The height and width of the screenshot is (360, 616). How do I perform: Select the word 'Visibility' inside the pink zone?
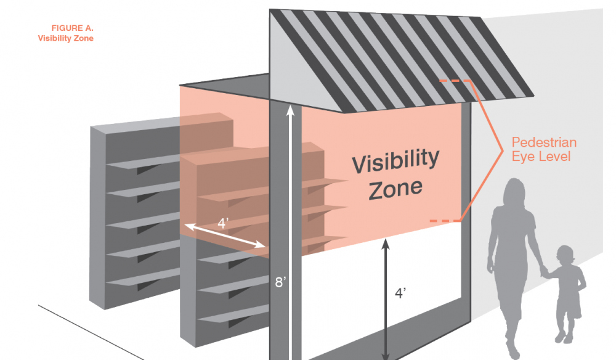pyautogui.click(x=395, y=161)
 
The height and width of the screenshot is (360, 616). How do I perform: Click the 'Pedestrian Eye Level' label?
pyautogui.click(x=544, y=150)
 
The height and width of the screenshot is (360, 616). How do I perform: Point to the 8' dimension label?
pyautogui.click(x=281, y=283)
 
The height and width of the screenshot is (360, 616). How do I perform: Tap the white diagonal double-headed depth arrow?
pyautogui.click(x=225, y=235)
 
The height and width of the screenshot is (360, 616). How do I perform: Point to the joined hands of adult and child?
pyautogui.click(x=543, y=271)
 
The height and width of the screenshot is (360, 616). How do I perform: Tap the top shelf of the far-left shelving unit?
pyautogui.click(x=143, y=162)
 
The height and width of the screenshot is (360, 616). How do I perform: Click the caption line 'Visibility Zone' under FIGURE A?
pyautogui.click(x=66, y=38)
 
